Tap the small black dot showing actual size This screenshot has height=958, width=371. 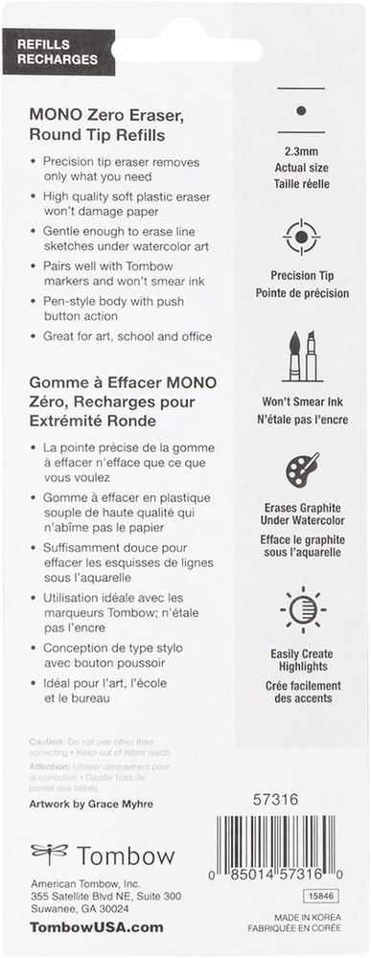click(x=301, y=111)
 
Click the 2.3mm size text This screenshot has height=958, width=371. click(x=302, y=151)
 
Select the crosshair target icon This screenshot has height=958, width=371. click(x=302, y=237)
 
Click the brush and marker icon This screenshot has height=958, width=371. click(x=302, y=356)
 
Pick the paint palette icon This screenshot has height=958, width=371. click(x=302, y=469)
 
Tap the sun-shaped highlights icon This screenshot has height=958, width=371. click(x=302, y=609)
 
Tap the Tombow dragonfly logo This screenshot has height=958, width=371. click(x=50, y=852)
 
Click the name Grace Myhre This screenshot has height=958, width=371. click(x=119, y=804)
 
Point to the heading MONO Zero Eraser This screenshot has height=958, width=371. click(x=109, y=114)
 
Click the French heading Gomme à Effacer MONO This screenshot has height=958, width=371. click(x=122, y=382)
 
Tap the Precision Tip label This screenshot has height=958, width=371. click(x=302, y=277)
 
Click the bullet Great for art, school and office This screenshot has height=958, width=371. click(x=127, y=336)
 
